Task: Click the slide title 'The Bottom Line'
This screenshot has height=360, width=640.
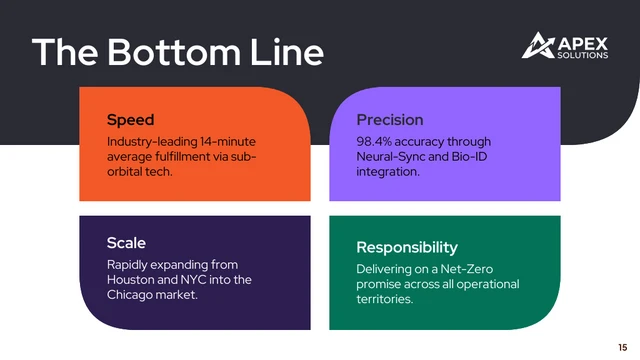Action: click(177, 52)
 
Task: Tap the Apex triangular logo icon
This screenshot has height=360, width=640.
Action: click(538, 46)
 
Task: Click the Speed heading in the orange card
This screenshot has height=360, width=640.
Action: click(130, 120)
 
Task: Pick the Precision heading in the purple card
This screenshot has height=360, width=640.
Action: click(390, 120)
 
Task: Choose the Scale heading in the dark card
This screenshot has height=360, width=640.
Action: click(126, 243)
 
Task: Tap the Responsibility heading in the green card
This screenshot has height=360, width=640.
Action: click(407, 247)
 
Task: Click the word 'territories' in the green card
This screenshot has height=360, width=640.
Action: click(385, 299)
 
